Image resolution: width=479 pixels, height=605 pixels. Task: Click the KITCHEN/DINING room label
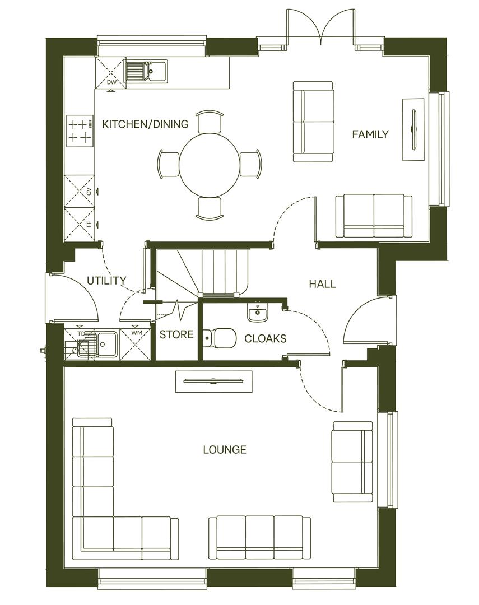[x=145, y=124]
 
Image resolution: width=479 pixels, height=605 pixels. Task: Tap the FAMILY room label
[x=370, y=134]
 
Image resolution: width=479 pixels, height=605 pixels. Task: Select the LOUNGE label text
[x=225, y=449]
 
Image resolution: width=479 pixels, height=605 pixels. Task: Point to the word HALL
[x=323, y=284]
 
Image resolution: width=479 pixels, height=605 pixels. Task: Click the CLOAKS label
[x=266, y=338]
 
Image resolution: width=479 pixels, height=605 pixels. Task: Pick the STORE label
[x=176, y=335]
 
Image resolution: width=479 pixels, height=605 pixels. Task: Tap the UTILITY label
[x=106, y=281]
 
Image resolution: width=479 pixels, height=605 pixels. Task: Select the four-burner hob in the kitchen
[x=79, y=131]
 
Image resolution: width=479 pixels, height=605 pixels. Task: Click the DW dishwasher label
[x=111, y=83]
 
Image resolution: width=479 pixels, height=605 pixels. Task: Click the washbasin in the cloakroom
[x=258, y=313]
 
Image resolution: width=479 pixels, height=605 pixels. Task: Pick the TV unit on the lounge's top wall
[x=213, y=381]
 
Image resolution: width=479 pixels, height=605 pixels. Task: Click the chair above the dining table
[x=210, y=119]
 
